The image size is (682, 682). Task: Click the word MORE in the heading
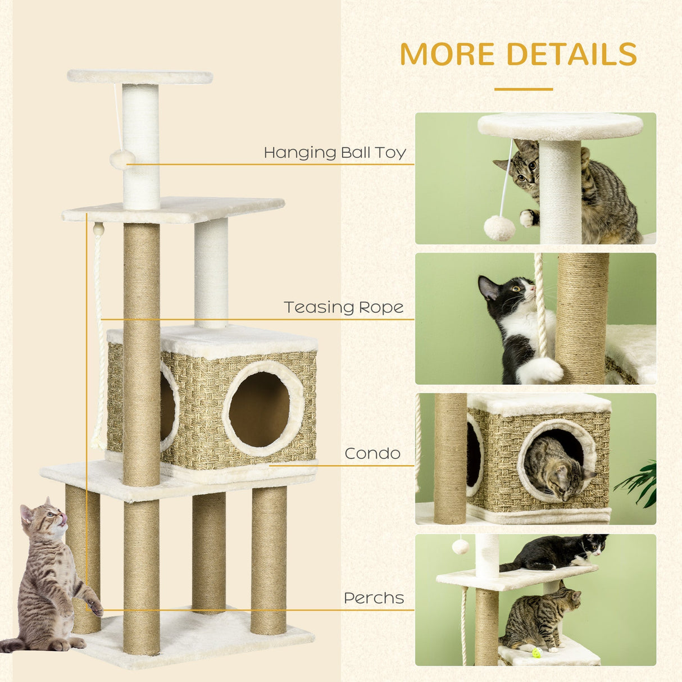[447, 54]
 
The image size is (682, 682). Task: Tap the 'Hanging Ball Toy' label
[335, 152]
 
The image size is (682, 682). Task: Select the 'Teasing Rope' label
[343, 307]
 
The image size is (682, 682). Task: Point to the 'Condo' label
[372, 453]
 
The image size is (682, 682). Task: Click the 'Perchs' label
[374, 598]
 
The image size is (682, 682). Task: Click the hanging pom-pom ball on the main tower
[122, 159]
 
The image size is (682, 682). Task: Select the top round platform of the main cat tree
[140, 76]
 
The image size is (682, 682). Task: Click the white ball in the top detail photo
[499, 228]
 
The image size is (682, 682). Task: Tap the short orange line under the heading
[523, 89]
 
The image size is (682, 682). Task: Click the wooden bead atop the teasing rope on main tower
[98, 229]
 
